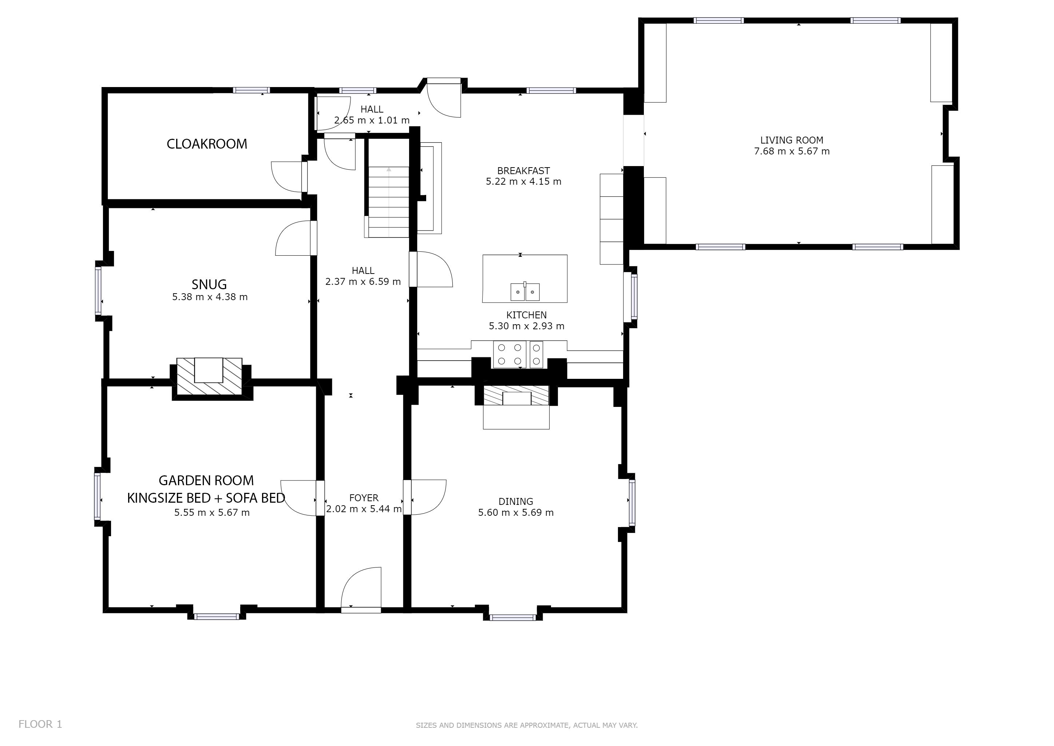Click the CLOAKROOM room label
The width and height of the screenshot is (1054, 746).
[207, 144]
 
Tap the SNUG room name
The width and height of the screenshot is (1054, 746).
[209, 284]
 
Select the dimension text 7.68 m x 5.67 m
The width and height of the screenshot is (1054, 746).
[792, 151]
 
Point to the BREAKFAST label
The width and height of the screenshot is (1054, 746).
[523, 171]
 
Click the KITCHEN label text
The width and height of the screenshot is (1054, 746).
[527, 315]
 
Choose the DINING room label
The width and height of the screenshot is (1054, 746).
[516, 502]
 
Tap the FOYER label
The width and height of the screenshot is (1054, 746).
[364, 498]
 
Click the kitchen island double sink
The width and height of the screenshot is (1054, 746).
[525, 292]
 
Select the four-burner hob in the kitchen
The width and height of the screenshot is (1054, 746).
[510, 354]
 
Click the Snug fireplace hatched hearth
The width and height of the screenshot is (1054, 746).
[209, 376]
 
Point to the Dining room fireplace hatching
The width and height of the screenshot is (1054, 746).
[516, 395]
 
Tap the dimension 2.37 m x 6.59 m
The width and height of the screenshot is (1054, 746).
[363, 282]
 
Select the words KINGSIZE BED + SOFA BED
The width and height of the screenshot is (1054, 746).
[206, 498]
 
